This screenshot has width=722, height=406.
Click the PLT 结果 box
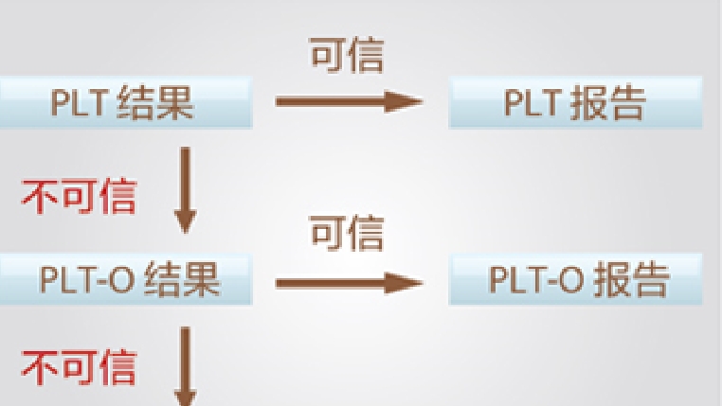click(126, 102)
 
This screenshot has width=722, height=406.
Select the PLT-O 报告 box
click(575, 279)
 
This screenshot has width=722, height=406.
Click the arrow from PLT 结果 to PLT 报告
click(349, 101)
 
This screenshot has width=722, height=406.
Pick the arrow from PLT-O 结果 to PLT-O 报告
click(349, 283)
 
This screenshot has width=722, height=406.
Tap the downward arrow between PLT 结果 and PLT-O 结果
click(186, 190)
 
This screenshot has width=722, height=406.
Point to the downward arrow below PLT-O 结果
click(186, 366)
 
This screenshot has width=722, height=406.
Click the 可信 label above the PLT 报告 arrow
click(347, 56)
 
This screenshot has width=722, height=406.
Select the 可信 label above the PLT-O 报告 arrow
click(347, 233)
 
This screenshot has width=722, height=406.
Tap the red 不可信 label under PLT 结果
click(80, 197)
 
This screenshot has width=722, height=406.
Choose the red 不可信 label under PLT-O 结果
click(80, 367)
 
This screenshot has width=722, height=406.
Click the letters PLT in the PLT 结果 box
click(80, 102)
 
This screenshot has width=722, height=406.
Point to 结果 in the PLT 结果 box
click(154, 103)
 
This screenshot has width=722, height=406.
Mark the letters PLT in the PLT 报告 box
click(533, 102)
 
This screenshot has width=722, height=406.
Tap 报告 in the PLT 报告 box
click(607, 103)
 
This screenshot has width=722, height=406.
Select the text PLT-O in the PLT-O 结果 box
click(87, 279)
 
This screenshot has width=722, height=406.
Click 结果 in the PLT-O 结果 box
click(181, 280)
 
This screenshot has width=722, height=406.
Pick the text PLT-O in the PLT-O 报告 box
click(536, 279)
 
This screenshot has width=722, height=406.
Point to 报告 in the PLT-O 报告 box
click(630, 280)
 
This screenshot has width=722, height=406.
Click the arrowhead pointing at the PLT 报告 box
click(404, 101)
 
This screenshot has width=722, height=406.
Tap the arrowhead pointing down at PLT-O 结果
click(186, 221)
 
